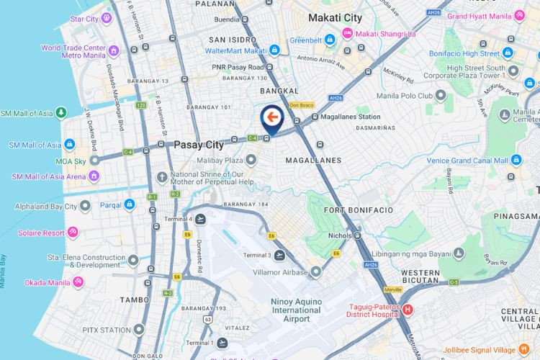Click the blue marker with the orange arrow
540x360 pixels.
[x=271, y=117]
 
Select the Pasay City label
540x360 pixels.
[x=199, y=145]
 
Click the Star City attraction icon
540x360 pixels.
[x=106, y=18]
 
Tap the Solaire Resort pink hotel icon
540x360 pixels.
[x=73, y=233]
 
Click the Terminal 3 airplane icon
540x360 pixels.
[x=279, y=256]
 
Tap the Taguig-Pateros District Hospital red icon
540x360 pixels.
[x=408, y=310]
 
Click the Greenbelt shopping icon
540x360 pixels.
[x=330, y=39]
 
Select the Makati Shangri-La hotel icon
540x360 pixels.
[x=348, y=33]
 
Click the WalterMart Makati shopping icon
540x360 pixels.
[x=275, y=50]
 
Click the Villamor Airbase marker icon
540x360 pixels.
[x=315, y=272]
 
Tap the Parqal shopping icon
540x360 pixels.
[x=130, y=204]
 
